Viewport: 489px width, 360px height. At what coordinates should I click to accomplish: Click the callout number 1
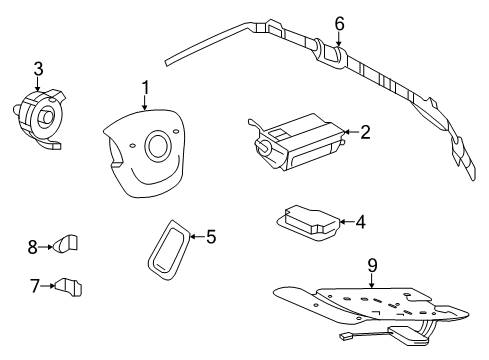click(145, 88)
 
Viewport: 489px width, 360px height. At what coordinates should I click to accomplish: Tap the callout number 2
click(365, 132)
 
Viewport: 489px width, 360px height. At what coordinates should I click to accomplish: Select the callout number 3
click(38, 69)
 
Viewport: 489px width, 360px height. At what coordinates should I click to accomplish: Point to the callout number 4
click(361, 222)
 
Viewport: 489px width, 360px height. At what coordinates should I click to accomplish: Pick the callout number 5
click(211, 237)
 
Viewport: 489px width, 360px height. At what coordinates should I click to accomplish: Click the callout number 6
click(339, 24)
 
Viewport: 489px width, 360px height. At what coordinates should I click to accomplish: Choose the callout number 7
click(35, 286)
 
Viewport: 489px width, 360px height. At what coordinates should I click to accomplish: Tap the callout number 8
click(33, 247)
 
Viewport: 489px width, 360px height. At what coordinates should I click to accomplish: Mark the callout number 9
click(372, 265)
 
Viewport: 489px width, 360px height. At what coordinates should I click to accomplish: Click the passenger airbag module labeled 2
click(296, 142)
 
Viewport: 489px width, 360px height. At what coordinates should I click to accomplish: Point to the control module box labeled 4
click(308, 222)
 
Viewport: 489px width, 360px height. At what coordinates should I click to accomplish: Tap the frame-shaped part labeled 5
click(168, 249)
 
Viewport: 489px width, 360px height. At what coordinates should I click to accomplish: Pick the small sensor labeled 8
click(65, 243)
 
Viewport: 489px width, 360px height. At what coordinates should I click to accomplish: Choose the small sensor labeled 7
click(68, 286)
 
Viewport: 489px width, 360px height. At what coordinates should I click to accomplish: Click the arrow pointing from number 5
click(197, 237)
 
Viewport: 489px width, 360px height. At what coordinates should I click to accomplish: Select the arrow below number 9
click(372, 281)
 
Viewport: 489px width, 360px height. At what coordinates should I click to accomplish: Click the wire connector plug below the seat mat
click(344, 336)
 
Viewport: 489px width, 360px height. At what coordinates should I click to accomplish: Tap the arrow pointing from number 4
click(347, 221)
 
